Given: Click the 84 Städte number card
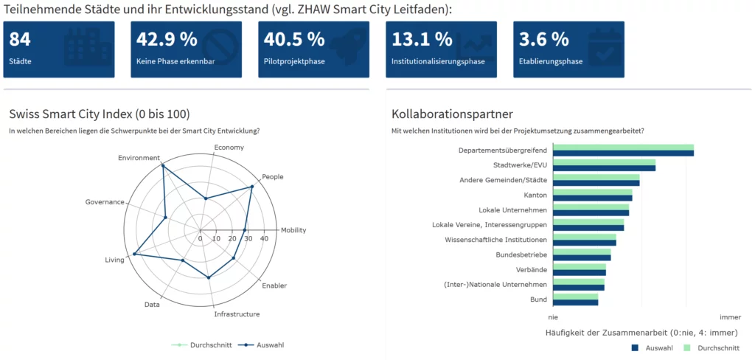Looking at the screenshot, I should [59, 49].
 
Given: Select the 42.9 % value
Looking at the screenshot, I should [167, 39].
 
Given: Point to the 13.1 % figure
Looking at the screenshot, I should [422, 39].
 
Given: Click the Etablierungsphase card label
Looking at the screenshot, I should [551, 61].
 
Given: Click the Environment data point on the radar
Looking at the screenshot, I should [162, 165].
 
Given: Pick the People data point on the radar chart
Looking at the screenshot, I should [251, 186].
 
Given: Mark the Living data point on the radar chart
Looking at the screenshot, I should [134, 255].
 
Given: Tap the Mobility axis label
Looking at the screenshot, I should [293, 230].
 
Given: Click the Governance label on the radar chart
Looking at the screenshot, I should [105, 202].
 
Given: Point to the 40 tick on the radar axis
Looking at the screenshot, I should [264, 239].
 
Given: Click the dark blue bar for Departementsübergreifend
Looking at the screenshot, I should [623, 153].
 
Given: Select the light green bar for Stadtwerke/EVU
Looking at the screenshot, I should [604, 162].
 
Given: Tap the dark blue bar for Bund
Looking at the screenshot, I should [575, 302].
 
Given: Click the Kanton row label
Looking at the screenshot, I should [535, 195].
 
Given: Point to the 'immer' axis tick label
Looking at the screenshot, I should [730, 316].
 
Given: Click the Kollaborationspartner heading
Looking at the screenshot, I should [452, 114].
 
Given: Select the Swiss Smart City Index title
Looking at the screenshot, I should [100, 114].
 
